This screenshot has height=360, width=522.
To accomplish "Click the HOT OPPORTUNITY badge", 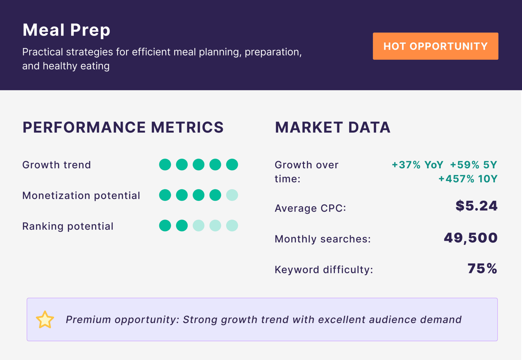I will tap(435, 46).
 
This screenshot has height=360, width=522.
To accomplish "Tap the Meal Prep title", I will tap(66, 30).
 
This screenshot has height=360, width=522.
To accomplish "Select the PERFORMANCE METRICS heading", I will tap(123, 127).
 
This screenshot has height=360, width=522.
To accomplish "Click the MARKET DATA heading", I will tap(333, 127).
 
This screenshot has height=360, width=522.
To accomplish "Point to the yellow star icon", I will tap(45, 320).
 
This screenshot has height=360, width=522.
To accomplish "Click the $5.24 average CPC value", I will tap(476, 206).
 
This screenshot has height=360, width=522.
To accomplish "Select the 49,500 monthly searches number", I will tap(470, 238).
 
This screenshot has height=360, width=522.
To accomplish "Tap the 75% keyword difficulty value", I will tap(482, 269).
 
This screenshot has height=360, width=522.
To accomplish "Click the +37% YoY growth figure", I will tap(417, 165).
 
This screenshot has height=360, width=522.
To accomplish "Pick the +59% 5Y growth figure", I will tap(473, 165).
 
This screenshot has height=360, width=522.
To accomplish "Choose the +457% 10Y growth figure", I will tap(468, 179).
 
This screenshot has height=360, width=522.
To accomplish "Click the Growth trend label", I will tap(57, 165).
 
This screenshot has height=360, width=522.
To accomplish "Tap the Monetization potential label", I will tap(81, 195).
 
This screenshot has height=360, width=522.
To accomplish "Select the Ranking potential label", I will tap(68, 226).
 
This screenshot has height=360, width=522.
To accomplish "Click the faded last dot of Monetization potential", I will tap(232, 195).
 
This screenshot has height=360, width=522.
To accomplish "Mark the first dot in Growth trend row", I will tap(165, 165).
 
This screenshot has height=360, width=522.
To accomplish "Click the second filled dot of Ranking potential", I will tap(182, 226).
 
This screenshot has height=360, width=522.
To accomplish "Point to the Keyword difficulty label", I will tap(324, 270).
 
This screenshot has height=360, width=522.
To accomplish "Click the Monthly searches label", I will tap(322, 239).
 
